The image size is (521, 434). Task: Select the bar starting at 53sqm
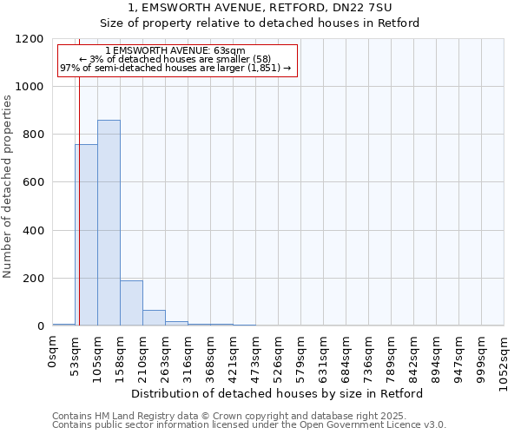[x=86, y=235]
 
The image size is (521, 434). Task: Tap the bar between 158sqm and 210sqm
[x=131, y=303]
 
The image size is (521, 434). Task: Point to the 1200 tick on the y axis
[x=30, y=39]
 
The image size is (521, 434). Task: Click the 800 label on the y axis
[x=33, y=135]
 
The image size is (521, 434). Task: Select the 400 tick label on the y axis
[x=33, y=231]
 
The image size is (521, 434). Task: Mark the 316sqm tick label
[x=188, y=356]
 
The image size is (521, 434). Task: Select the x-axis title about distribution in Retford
[x=278, y=393]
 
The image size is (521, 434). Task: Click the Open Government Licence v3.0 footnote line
[x=248, y=424]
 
